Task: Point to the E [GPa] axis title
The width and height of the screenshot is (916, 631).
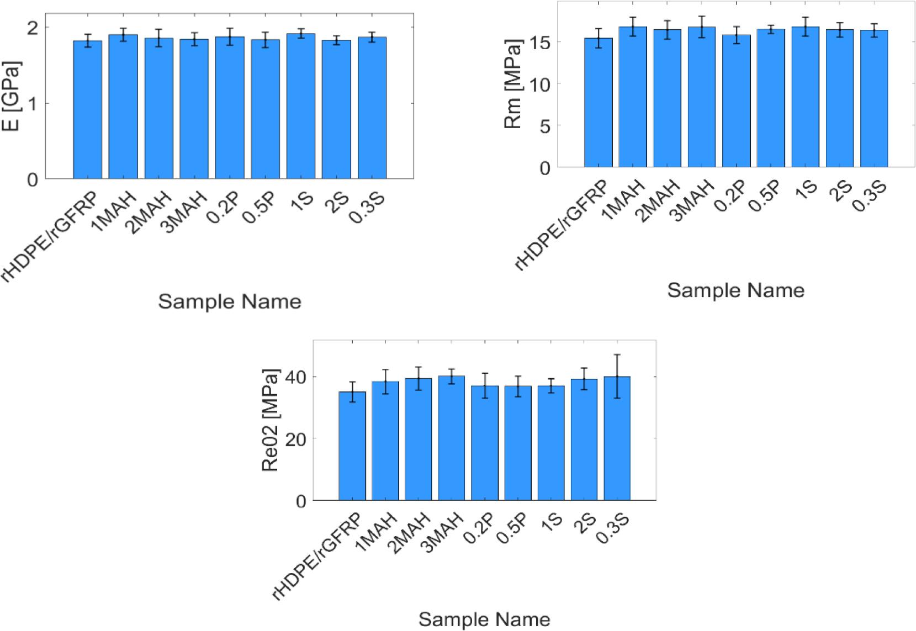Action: pyautogui.click(x=12, y=97)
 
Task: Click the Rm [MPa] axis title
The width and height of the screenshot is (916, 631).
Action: pyautogui.click(x=513, y=84)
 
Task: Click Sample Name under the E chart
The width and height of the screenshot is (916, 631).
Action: pyautogui.click(x=230, y=301)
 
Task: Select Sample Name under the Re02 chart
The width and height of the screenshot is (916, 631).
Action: pyautogui.click(x=484, y=619)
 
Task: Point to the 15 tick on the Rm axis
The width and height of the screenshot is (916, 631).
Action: pyautogui.click(x=544, y=42)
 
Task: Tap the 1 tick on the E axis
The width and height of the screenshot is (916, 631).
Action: pyautogui.click(x=33, y=103)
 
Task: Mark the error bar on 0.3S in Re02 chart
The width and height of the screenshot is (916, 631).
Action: pyautogui.click(x=617, y=376)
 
